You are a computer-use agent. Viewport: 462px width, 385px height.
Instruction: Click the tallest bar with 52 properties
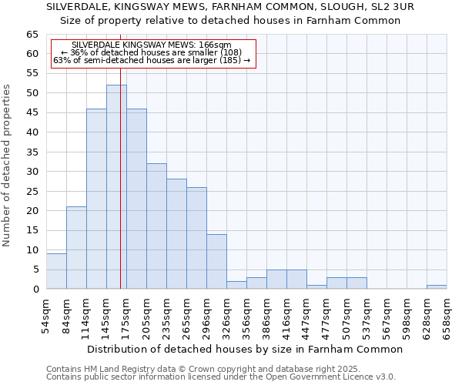pos(116,187)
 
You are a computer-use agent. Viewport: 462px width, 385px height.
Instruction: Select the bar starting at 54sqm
pos(56,271)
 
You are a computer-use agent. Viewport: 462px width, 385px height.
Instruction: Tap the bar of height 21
pos(76,248)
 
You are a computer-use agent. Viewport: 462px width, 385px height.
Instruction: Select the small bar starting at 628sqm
pos(437,287)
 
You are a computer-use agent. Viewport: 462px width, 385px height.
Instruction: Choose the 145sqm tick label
pos(106,316)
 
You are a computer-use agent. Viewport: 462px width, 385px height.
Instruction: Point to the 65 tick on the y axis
pos(32,35)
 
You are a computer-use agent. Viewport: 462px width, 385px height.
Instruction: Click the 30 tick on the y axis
pos(32,171)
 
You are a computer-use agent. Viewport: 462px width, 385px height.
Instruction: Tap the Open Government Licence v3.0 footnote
pos(220,377)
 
